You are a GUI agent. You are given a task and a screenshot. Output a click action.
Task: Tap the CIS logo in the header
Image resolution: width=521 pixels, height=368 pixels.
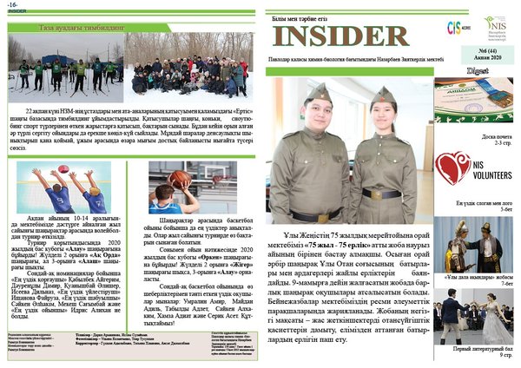(x=452, y=27)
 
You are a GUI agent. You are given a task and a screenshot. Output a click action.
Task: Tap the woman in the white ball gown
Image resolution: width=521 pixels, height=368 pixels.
(x=492, y=320)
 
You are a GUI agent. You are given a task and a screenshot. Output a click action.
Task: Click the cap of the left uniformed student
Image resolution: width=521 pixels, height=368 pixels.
(x=318, y=92)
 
